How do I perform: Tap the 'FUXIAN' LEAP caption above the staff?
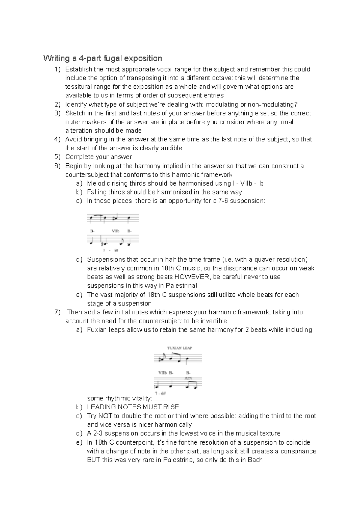click(179, 348)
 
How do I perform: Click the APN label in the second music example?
click(188, 378)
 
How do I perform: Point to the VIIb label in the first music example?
click(115, 231)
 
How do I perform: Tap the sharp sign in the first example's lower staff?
click(102, 243)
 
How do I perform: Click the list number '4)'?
click(58, 139)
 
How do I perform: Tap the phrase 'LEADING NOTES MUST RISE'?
click(133, 407)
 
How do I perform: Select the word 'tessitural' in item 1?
click(79, 87)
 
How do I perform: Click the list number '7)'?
click(58, 312)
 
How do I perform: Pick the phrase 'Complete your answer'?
click(99, 157)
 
